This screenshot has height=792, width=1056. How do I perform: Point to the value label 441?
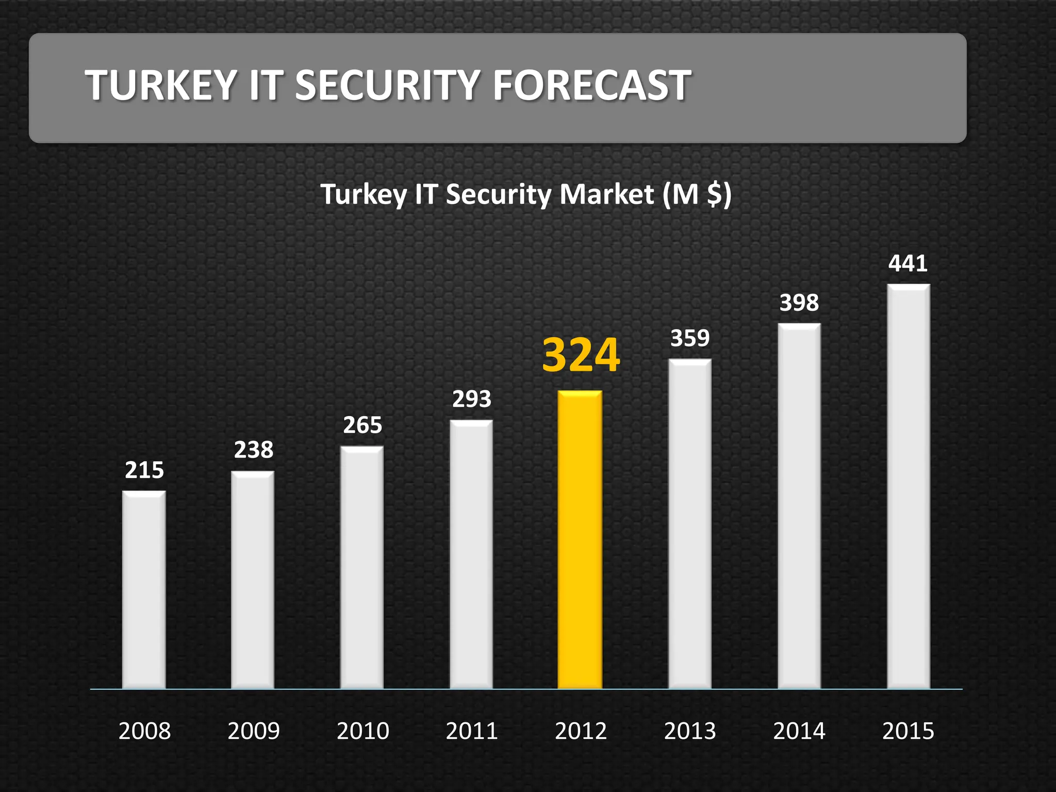(907, 263)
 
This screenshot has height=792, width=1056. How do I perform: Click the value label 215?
(144, 470)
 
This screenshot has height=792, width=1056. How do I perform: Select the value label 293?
(472, 399)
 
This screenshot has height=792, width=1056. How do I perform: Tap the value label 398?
(799, 303)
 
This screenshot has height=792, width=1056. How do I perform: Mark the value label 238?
(254, 450)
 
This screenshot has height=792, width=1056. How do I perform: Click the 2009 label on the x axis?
(254, 731)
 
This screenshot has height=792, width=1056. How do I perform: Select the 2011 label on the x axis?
(472, 731)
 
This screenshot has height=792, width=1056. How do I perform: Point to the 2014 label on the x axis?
(799, 731)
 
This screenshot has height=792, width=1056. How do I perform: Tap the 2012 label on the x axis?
(581, 731)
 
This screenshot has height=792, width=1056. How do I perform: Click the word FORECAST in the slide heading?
(591, 85)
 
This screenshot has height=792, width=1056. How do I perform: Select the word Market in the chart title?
(607, 194)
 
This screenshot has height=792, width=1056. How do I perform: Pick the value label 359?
(690, 338)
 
